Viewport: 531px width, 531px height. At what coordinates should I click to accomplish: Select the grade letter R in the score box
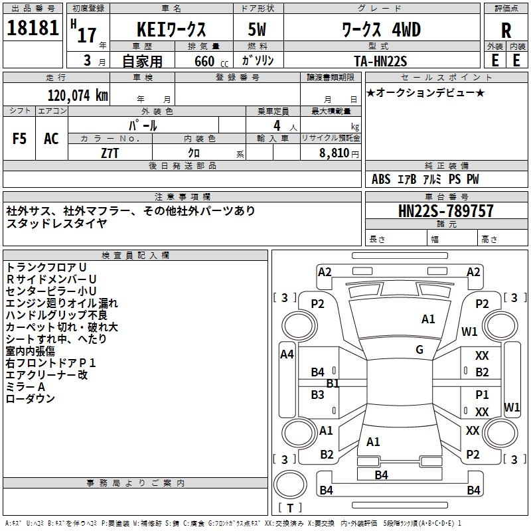[506, 31]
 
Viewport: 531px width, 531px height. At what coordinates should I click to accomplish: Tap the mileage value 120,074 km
[78, 95]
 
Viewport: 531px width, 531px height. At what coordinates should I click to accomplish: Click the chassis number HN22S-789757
[446, 212]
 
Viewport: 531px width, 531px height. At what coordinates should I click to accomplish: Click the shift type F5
[20, 139]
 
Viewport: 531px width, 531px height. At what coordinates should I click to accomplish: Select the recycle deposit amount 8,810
[339, 153]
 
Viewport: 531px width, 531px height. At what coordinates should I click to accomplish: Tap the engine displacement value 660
[204, 61]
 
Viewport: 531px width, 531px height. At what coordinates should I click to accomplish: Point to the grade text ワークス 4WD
[381, 31]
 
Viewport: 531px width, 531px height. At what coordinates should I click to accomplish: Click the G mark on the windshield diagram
[419, 350]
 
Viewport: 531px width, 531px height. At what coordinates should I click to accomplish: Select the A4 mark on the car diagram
[287, 354]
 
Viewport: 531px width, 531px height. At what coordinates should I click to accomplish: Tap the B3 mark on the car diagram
[318, 395]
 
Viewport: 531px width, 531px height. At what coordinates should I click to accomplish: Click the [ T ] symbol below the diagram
[290, 508]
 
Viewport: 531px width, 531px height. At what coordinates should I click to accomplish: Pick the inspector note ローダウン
[31, 399]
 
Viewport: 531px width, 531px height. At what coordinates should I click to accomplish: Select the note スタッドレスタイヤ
[56, 224]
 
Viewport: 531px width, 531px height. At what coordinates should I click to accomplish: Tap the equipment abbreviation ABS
[381, 179]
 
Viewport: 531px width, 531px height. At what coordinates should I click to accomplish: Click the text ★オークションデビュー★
[425, 92]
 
